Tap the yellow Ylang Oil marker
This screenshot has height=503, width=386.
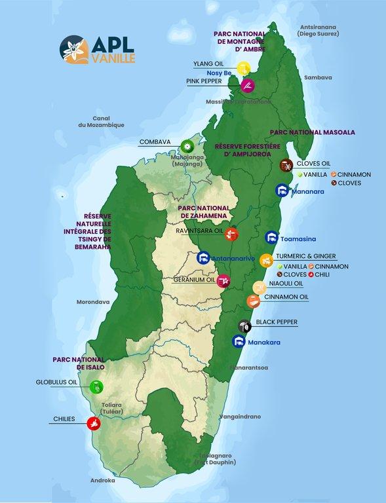click(x=244, y=67)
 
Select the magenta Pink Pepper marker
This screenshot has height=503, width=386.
click(x=247, y=85)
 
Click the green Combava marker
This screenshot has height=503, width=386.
click(x=188, y=145)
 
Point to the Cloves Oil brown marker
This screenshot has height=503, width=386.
click(x=286, y=165)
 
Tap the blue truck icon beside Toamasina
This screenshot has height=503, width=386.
click(x=271, y=238)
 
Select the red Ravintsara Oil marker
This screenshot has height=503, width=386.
click(x=231, y=234)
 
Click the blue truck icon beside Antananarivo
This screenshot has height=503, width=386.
click(x=203, y=258)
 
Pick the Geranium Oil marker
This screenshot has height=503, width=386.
click(x=224, y=280)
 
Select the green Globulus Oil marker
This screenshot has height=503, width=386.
click(x=96, y=386)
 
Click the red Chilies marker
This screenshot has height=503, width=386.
click(x=95, y=423)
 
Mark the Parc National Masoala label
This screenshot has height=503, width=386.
click(x=303, y=132)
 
